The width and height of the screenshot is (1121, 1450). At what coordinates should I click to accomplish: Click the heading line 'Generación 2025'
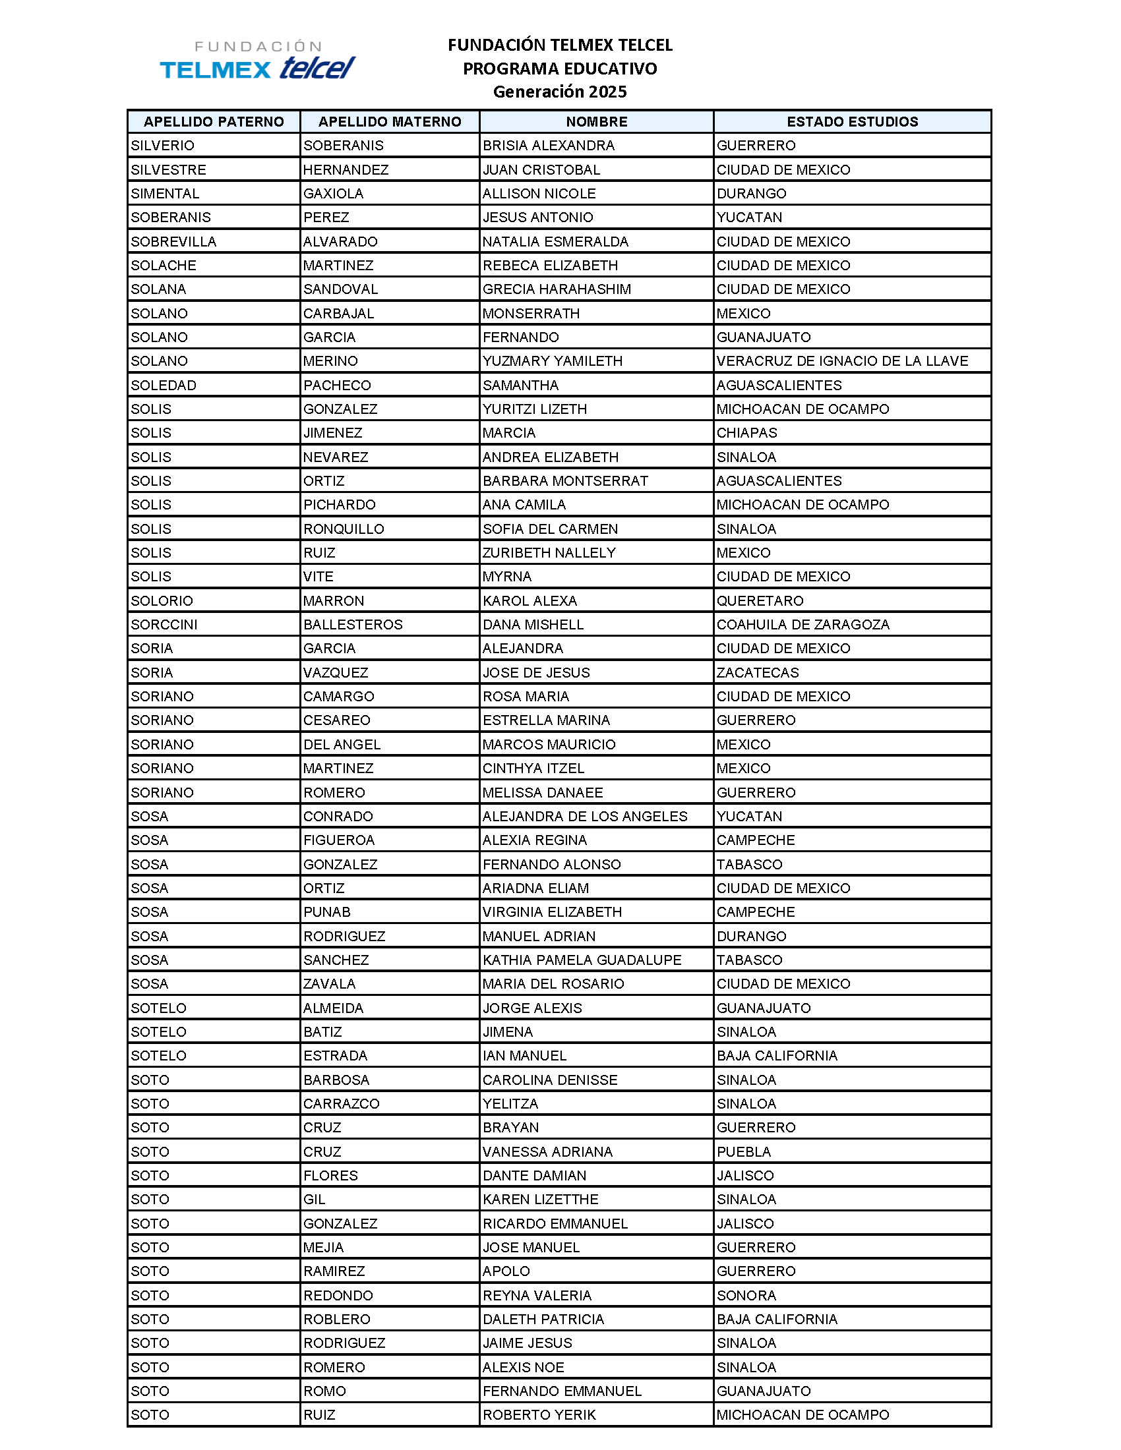pyautogui.click(x=559, y=92)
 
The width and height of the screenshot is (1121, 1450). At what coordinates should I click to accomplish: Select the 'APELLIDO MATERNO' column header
pyautogui.click(x=389, y=121)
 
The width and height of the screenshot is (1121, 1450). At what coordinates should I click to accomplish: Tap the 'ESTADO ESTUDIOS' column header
pyautogui.click(x=852, y=121)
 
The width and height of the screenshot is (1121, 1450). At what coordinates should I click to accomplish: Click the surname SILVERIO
pyautogui.click(x=163, y=146)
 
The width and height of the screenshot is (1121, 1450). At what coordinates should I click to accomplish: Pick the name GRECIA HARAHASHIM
pyautogui.click(x=557, y=289)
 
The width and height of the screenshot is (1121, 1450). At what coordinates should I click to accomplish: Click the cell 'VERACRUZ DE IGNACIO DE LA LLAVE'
pyautogui.click(x=842, y=361)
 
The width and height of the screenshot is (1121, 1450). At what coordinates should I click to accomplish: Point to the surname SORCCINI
pyautogui.click(x=164, y=625)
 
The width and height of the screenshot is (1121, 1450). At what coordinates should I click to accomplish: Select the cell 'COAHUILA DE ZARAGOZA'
pyautogui.click(x=803, y=625)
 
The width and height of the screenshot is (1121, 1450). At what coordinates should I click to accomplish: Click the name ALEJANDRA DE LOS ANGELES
pyautogui.click(x=585, y=817)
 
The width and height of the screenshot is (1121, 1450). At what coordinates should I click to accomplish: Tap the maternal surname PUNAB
pyautogui.click(x=326, y=912)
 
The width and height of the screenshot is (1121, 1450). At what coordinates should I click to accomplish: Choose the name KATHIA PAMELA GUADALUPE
pyautogui.click(x=582, y=960)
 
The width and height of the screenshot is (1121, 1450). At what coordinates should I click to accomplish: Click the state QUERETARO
pyautogui.click(x=760, y=601)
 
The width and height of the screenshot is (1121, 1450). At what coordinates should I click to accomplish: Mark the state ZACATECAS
pyautogui.click(x=758, y=672)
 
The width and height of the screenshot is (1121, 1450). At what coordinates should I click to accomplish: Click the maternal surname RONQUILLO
pyautogui.click(x=344, y=529)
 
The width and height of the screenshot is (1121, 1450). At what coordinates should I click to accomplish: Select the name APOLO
pyautogui.click(x=506, y=1271)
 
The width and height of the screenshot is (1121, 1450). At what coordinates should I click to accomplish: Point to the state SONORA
pyautogui.click(x=746, y=1295)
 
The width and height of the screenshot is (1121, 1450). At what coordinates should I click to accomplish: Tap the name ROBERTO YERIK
pyautogui.click(x=539, y=1415)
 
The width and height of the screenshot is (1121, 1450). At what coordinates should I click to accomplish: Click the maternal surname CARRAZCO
pyautogui.click(x=342, y=1103)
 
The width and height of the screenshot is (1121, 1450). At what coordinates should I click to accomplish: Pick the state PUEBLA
pyautogui.click(x=744, y=1152)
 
